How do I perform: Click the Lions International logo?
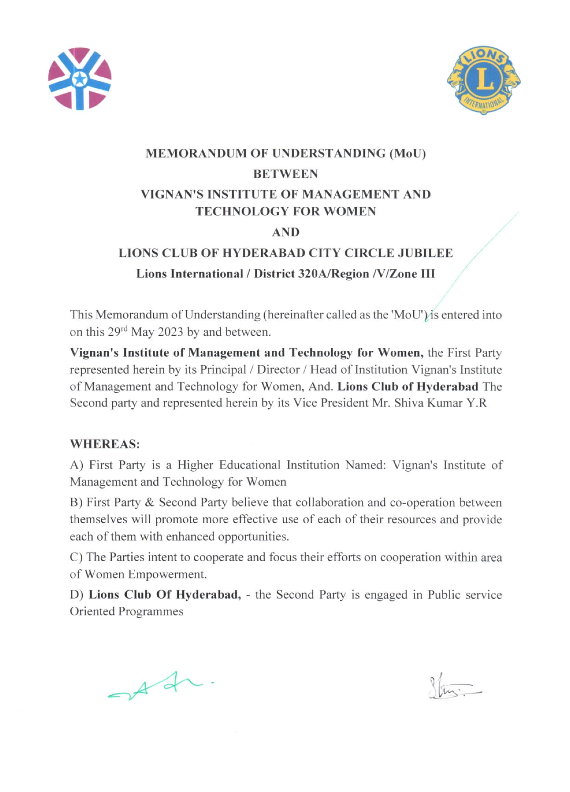tap(483, 80)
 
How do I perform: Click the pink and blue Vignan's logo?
tap(80, 79)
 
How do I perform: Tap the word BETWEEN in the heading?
tap(285, 174)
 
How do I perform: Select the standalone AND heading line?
tap(285, 232)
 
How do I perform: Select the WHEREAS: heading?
tap(104, 443)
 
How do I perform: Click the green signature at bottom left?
tap(160, 685)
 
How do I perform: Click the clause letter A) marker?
tap(75, 465)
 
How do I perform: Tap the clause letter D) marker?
tap(76, 594)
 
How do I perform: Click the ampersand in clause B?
tap(150, 503)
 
